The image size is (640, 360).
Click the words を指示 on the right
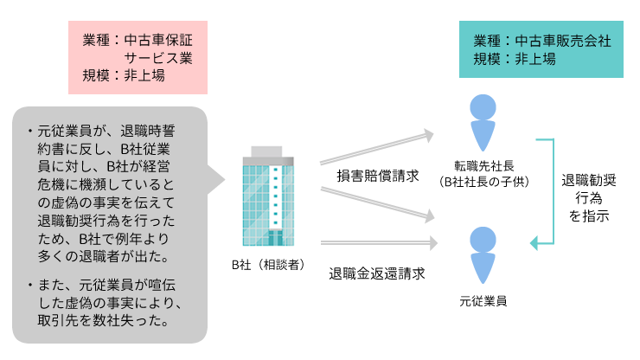(589, 216)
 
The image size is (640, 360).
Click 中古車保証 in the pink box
(157, 39)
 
